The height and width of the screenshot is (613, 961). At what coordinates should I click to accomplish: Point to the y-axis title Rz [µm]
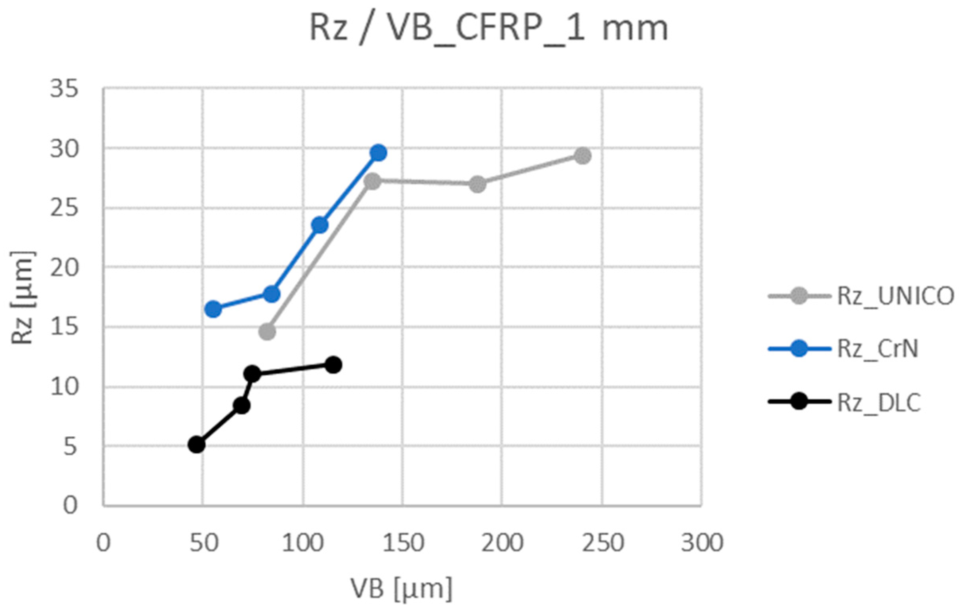(x=22, y=297)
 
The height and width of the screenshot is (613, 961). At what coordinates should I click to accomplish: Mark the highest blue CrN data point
(x=378, y=152)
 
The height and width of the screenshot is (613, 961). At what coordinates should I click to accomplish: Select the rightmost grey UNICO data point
(x=583, y=156)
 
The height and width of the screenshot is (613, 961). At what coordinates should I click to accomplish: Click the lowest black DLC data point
(x=196, y=444)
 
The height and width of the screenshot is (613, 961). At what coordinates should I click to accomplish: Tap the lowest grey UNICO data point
(x=267, y=331)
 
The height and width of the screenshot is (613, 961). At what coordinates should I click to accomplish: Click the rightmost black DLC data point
(x=333, y=365)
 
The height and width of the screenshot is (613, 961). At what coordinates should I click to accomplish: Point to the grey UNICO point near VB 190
(x=477, y=184)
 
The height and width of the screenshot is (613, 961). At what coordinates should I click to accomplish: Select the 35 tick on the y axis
(x=63, y=89)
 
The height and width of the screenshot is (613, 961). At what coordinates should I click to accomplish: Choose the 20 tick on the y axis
(x=63, y=268)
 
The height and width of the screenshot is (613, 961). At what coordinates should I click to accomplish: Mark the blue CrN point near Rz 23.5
(x=320, y=225)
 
